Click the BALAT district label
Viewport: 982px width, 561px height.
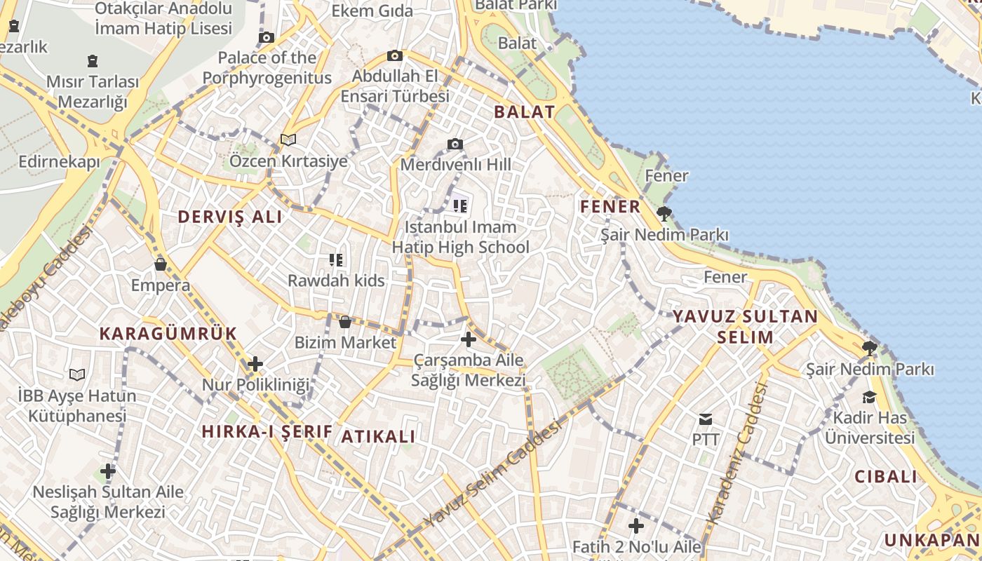click(524, 112)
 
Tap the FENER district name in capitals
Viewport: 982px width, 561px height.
click(610, 207)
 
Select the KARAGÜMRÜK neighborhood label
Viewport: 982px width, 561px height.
click(168, 334)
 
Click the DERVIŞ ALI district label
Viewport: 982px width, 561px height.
click(230, 217)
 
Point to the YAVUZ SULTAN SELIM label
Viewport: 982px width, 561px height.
click(745, 327)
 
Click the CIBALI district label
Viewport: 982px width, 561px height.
click(886, 477)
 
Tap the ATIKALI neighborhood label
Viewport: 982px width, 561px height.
click(378, 436)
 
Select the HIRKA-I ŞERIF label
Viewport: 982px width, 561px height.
click(267, 431)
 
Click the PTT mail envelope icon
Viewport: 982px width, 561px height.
click(706, 419)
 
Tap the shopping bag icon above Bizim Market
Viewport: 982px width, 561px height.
click(344, 322)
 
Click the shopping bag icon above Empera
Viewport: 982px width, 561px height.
click(161, 264)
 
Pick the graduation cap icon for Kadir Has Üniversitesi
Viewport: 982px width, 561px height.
click(870, 397)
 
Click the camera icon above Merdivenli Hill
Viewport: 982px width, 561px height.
click(455, 144)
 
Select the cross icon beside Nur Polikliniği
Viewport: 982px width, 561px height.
click(255, 364)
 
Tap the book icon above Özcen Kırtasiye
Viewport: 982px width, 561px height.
click(288, 140)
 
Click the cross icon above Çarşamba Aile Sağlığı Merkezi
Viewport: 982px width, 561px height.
click(468, 340)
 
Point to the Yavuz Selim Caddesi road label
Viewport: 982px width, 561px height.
click(493, 473)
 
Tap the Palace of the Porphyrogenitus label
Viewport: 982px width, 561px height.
click(267, 67)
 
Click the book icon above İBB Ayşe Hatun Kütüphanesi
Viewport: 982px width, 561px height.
click(77, 374)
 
